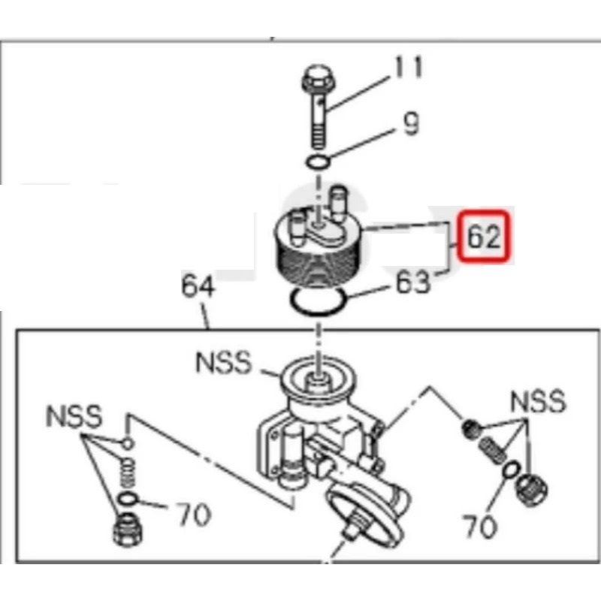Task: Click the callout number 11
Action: (408, 68)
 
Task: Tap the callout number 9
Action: (411, 124)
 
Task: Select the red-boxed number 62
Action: (485, 237)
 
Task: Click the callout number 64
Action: (198, 285)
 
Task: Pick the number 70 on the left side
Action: (194, 514)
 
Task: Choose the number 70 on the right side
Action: (480, 527)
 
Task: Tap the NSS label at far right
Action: (538, 401)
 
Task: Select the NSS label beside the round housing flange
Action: (224, 362)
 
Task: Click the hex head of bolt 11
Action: (318, 79)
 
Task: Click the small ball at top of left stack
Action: (128, 444)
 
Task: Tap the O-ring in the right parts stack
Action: (511, 470)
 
